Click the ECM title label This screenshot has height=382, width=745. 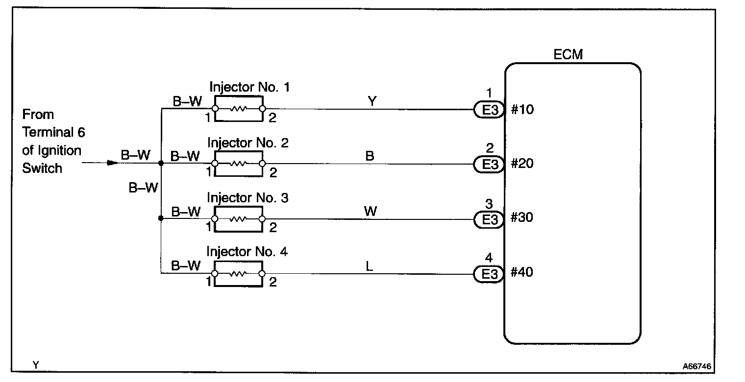[568, 54]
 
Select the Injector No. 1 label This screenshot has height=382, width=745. [249, 88]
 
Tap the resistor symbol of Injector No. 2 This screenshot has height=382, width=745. [238, 164]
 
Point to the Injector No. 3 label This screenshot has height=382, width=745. [248, 198]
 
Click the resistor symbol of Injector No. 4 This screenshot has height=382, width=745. [238, 274]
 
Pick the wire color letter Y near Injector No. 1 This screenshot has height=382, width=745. [371, 101]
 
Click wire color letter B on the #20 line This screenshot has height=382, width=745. [370, 156]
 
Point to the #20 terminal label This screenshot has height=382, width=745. [522, 164]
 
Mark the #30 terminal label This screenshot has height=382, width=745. [522, 218]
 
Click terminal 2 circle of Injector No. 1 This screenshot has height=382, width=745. [262, 109]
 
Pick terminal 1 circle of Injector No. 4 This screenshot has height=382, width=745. [214, 274]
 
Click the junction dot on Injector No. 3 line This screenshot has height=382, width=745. [161, 218]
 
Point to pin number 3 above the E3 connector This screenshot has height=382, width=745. [489, 203]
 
